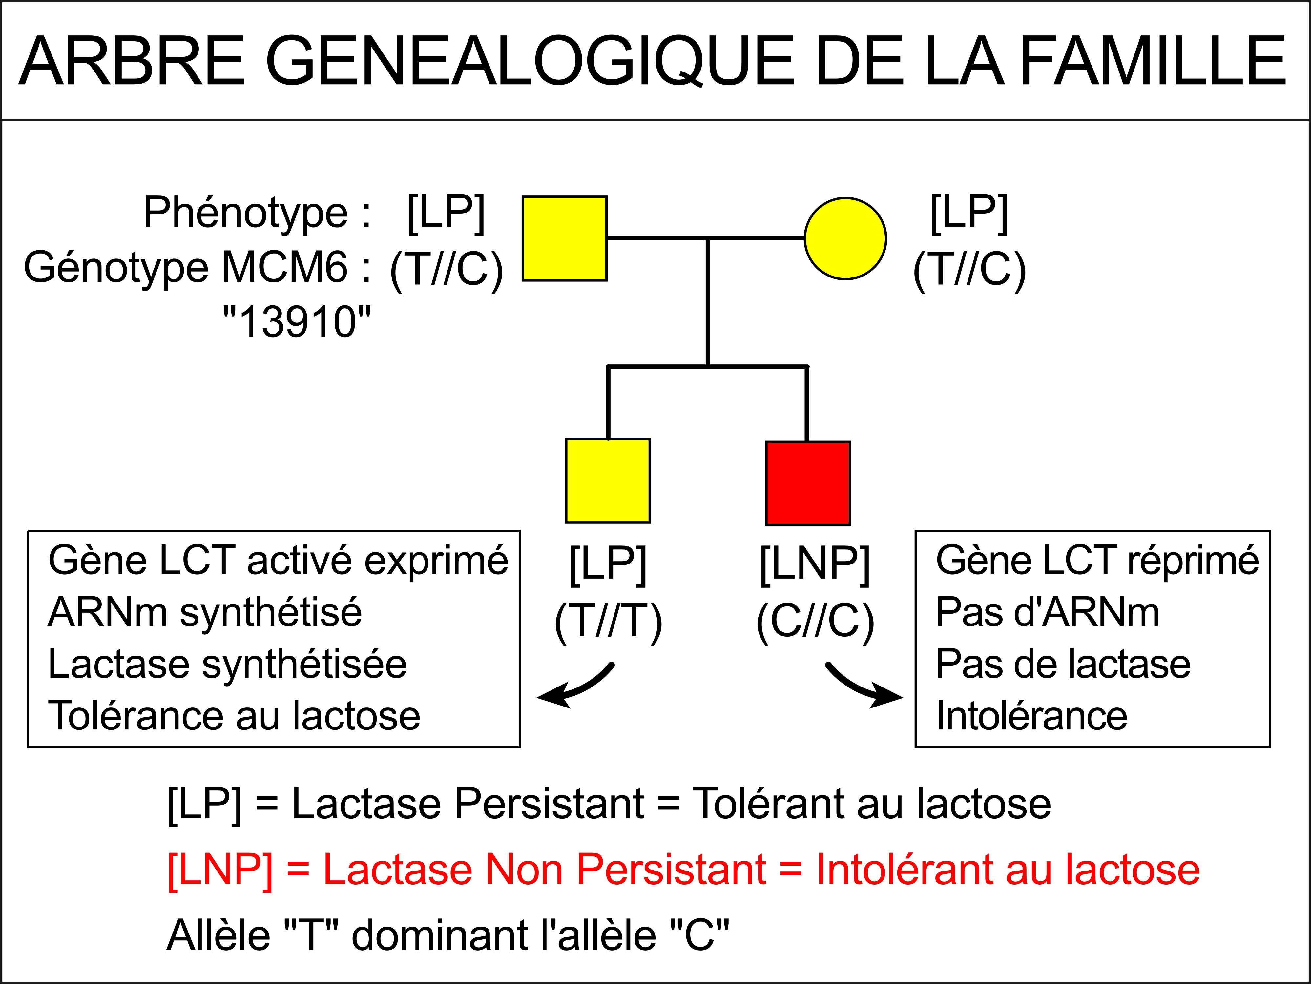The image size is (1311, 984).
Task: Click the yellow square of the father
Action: [x=564, y=238]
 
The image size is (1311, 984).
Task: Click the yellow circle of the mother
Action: [x=845, y=238]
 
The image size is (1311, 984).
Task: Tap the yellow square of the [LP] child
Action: [x=608, y=481]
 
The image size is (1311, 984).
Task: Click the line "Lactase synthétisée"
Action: [x=228, y=665]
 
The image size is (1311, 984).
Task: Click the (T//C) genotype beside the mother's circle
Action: [x=969, y=270]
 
